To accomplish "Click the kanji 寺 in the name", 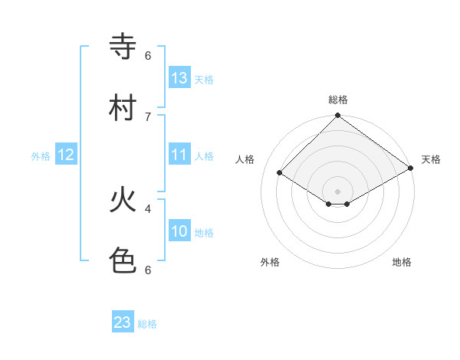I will [123, 47].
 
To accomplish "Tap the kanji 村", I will [123, 107].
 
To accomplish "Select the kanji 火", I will [123, 201].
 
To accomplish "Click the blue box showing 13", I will [179, 78].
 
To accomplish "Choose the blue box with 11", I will [179, 155].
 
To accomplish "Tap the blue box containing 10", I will [179, 231].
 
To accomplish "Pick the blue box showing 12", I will [67, 155].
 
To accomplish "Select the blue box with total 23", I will [123, 322].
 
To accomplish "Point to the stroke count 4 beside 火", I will [148, 208].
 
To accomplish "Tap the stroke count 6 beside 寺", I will [148, 55].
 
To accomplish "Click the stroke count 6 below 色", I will [148, 270].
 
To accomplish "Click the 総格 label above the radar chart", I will [338, 100].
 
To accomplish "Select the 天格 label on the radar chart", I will [431, 159].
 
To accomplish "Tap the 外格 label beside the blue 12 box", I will [41, 155].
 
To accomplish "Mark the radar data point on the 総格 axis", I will [338, 116].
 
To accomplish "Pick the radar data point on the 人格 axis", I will [280, 173].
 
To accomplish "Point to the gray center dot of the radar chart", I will [338, 191].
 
